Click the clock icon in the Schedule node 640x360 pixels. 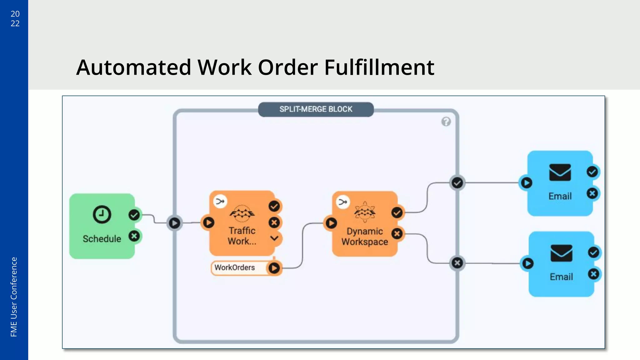pyautogui.click(x=102, y=214)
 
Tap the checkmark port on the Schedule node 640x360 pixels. pyautogui.click(x=134, y=215)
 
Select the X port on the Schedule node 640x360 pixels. pyautogui.click(x=134, y=236)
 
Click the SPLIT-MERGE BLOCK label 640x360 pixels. pyautogui.click(x=316, y=109)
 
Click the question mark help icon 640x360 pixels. pyautogui.click(x=446, y=122)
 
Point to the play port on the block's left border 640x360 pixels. pyautogui.click(x=174, y=223)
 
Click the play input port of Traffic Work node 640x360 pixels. pyautogui.click(x=208, y=222)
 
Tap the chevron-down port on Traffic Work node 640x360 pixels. pyautogui.click(x=274, y=238)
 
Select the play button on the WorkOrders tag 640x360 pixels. pyautogui.click(x=274, y=268)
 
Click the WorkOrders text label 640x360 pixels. pyautogui.click(x=235, y=267)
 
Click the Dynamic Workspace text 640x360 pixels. pyautogui.click(x=365, y=237)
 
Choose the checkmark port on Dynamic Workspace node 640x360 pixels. pyautogui.click(x=397, y=213)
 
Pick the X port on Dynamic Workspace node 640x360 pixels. pyautogui.click(x=397, y=233)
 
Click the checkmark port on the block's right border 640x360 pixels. pyautogui.click(x=457, y=183)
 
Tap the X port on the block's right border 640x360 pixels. pyautogui.click(x=457, y=263)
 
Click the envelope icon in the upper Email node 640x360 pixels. pyautogui.click(x=560, y=172)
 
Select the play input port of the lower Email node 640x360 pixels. pyautogui.click(x=527, y=263)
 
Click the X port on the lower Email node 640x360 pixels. pyautogui.click(x=593, y=274)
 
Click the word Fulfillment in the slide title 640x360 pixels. pyautogui.click(x=379, y=67)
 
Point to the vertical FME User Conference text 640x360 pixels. pyautogui.click(x=14, y=297)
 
